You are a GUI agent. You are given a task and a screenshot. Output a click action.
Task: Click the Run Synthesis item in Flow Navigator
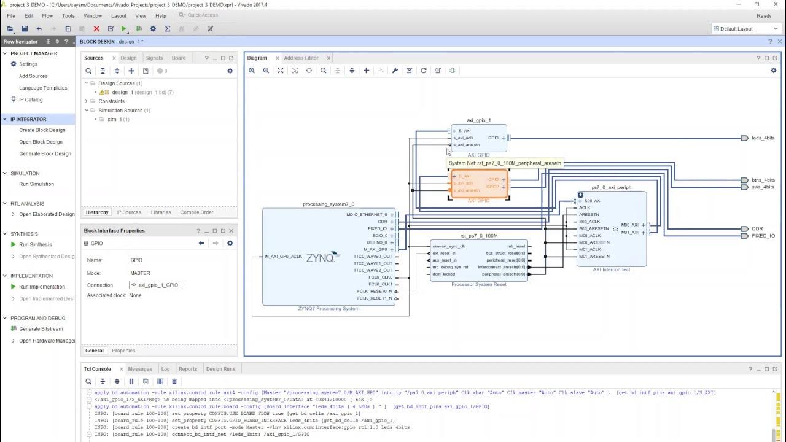point(35,244)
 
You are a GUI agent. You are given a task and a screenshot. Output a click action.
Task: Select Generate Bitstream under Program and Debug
point(41,329)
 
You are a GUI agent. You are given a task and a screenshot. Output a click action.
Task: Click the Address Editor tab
point(301,58)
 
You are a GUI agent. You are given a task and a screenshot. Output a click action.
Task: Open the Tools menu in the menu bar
point(68,16)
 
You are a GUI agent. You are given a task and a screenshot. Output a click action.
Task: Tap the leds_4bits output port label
point(763,138)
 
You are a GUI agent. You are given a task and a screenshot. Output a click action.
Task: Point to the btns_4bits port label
point(763,180)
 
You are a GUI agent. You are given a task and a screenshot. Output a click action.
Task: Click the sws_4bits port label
point(763,187)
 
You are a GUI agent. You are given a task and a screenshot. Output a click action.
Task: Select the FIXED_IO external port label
point(763,236)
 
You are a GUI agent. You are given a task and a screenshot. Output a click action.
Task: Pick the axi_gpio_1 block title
point(478,121)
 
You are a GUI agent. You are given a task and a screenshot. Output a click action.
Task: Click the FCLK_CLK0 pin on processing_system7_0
point(381,277)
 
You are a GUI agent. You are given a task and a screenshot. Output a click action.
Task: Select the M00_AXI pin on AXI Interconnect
point(629,225)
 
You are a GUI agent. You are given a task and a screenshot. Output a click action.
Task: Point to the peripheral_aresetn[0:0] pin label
point(504,274)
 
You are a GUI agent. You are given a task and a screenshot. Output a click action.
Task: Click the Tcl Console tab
point(98,369)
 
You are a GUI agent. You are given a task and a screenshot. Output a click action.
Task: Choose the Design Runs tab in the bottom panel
point(220,369)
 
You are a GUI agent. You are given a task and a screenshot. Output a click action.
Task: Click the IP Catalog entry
point(31,99)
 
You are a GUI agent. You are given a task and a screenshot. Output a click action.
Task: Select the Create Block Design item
point(42,130)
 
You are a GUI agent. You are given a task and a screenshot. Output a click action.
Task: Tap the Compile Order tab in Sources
point(196,212)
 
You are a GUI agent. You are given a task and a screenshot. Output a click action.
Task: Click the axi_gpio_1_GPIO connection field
point(156,285)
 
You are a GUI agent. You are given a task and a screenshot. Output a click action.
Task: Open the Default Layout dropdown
point(745,29)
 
